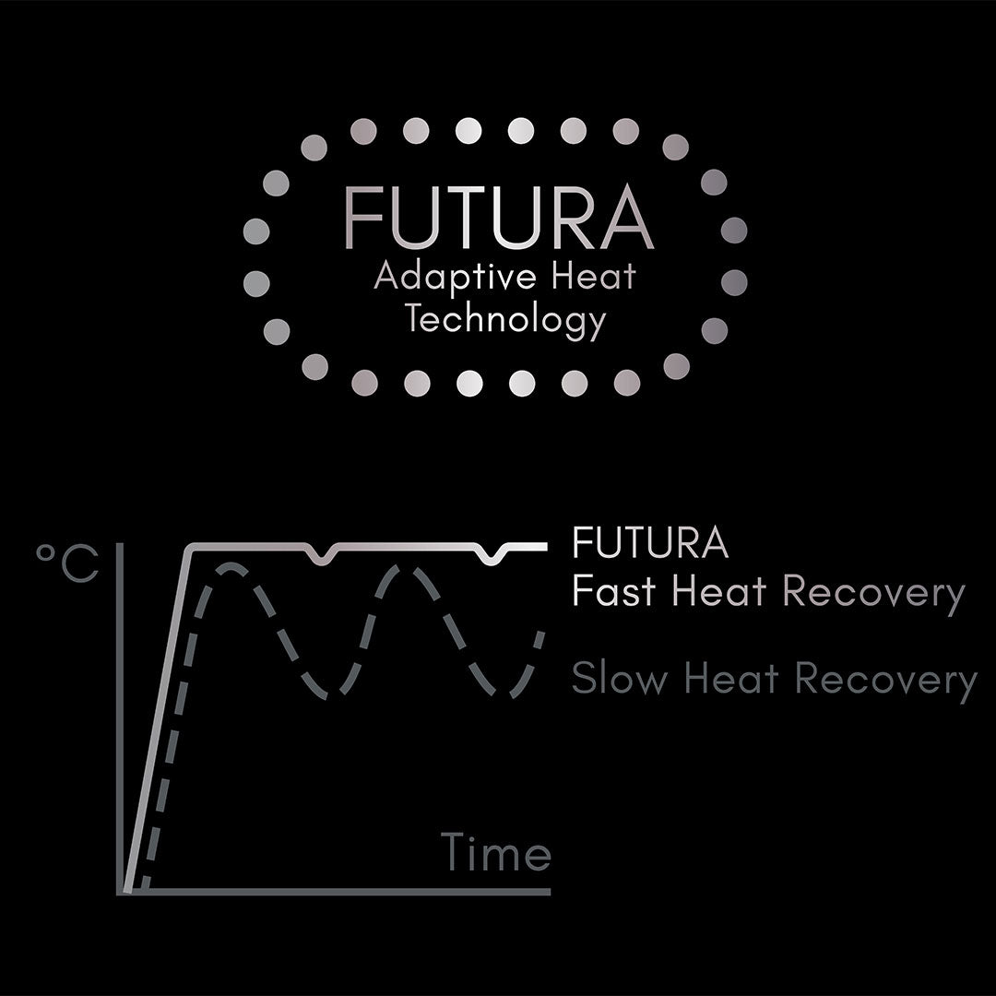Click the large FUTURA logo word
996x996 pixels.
coord(499,218)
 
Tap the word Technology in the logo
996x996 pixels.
coord(505,319)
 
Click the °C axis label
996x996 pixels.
coord(67,563)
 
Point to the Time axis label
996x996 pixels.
coord(495,851)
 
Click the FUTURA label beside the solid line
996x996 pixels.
coord(650,542)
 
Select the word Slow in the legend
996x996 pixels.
coord(620,678)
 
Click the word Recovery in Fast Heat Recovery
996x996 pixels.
coord(873,595)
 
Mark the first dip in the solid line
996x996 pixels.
coord(323,559)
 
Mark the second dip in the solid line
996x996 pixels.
coord(492,559)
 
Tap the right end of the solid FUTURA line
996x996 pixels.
coord(546,546)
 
